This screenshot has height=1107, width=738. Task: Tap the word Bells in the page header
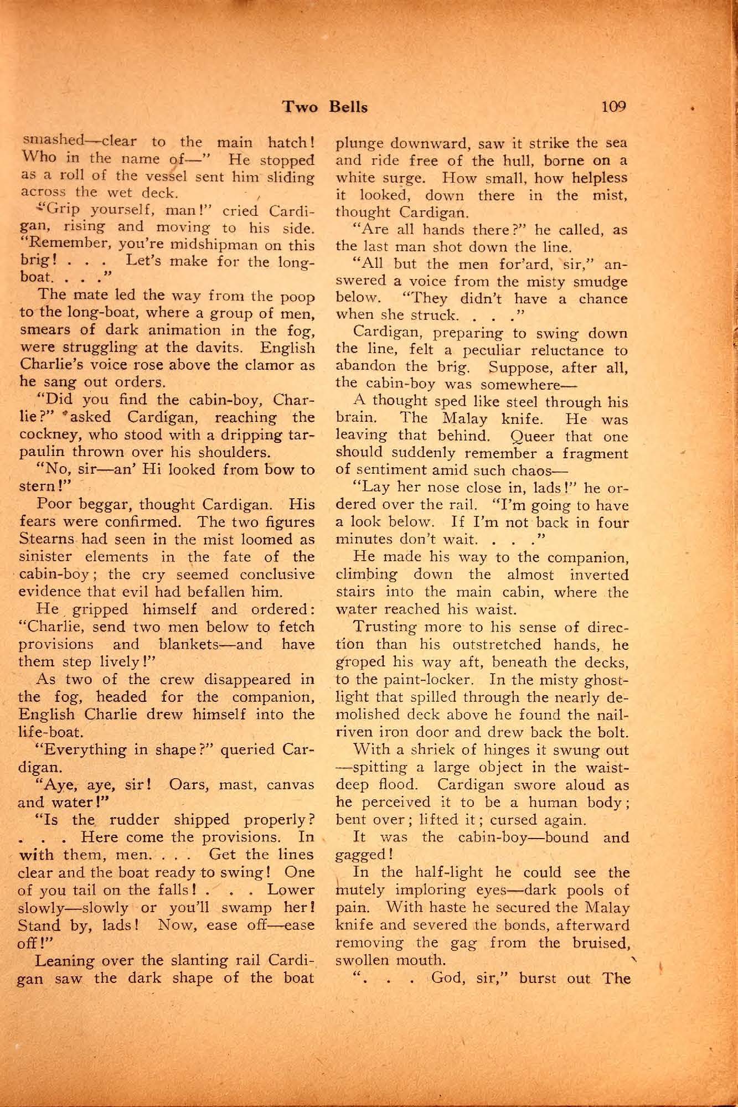point(348,106)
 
